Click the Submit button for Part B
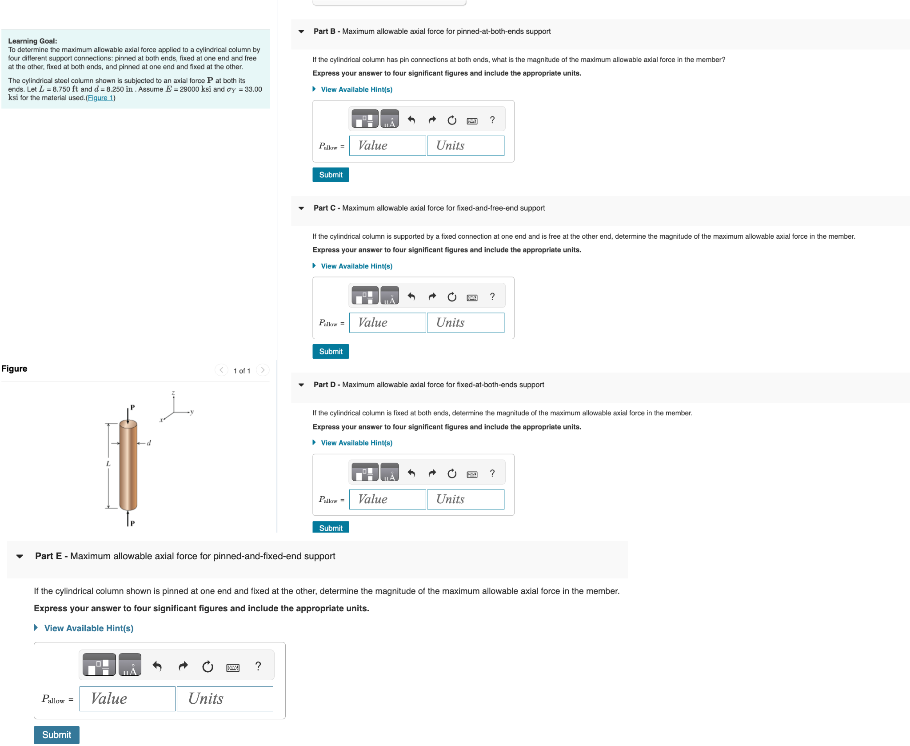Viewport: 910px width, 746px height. click(331, 175)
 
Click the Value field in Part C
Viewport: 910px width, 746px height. click(387, 323)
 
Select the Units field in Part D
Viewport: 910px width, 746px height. click(465, 499)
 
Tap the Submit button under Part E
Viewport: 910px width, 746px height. click(56, 735)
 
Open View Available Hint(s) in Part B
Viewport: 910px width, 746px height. click(356, 89)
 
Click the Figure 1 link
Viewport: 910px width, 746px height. click(100, 98)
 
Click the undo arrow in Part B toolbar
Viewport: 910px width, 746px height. click(411, 120)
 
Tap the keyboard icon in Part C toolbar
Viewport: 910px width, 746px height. click(472, 297)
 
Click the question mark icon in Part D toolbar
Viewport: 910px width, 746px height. click(492, 473)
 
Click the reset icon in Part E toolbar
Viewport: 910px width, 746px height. click(208, 666)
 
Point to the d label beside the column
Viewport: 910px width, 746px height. click(149, 443)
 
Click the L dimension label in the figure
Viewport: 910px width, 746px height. click(108, 464)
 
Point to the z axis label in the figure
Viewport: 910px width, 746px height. click(173, 393)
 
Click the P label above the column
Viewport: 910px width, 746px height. click(132, 407)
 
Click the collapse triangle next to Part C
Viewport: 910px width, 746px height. click(301, 208)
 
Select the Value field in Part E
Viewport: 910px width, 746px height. click(127, 699)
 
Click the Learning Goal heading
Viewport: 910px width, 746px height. click(32, 41)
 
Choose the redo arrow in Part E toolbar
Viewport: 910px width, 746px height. click(183, 666)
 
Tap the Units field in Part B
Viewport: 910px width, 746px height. click(465, 146)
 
